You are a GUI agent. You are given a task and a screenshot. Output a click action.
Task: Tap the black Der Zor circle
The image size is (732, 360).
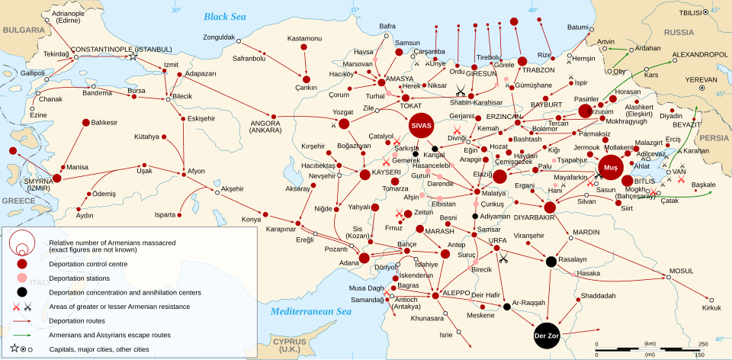547,336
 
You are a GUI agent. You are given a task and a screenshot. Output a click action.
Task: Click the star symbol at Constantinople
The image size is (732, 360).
133,56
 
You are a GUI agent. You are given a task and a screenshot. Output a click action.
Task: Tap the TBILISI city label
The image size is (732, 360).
691,13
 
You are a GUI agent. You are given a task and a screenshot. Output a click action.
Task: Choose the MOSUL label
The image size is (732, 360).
682,270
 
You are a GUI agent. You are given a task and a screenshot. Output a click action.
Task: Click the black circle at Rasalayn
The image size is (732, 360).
551,262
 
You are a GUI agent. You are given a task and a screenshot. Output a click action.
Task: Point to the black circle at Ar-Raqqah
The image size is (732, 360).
506,307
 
